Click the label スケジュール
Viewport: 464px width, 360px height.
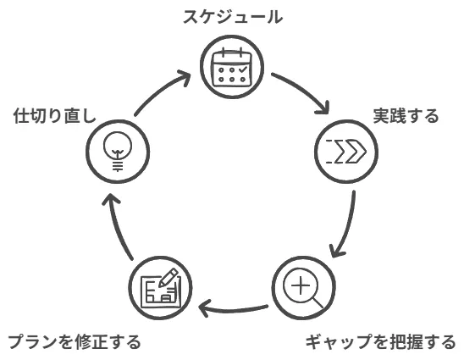click(233, 17)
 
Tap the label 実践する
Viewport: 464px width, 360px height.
click(406, 116)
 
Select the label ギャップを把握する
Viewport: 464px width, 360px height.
click(380, 341)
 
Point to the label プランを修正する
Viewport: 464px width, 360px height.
click(75, 341)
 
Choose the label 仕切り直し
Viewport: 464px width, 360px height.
click(55, 115)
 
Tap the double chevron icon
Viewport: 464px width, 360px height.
click(346, 151)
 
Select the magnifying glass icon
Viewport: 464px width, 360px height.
click(302, 288)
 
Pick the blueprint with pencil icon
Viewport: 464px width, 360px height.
click(160, 288)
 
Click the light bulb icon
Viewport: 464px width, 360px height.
click(118, 151)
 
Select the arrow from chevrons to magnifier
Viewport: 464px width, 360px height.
click(349, 226)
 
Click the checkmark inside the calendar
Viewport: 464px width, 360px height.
click(243, 69)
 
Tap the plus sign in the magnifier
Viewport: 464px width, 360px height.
click(301, 285)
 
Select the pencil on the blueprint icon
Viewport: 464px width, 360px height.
click(168, 277)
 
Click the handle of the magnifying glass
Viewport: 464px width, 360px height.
click(318, 303)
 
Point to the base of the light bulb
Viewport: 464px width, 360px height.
click(118, 165)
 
